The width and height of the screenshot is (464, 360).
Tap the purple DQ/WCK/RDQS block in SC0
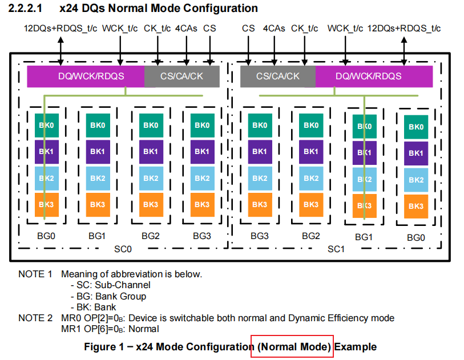coord(86,76)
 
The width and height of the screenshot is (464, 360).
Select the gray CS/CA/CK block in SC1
coord(277,76)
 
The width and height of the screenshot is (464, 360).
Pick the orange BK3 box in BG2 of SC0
coord(150,204)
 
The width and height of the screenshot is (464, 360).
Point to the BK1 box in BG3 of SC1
coord(260,151)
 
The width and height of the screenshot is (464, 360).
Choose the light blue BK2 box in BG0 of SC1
coord(416,180)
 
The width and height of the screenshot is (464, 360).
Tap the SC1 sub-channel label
coord(335,249)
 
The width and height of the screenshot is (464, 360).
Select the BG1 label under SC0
coord(98,235)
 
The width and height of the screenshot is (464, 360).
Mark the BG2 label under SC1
coord(311,235)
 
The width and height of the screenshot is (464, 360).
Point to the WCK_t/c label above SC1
coord(345,29)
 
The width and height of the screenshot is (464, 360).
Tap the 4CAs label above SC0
coord(186,29)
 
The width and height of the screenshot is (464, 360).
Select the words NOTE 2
coord(35,318)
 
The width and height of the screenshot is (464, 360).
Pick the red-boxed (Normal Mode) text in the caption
coord(292,346)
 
